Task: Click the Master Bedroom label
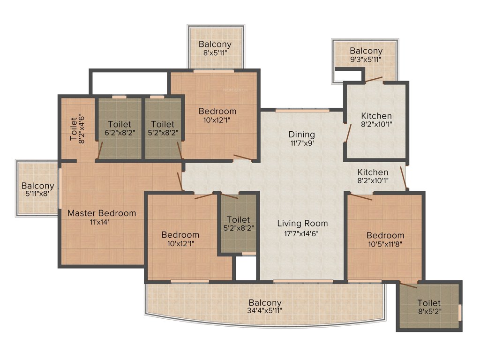pyautogui.click(x=102, y=213)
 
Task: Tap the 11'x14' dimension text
pyautogui.click(x=102, y=222)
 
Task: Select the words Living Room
pyautogui.click(x=302, y=223)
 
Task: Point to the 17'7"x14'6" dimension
pyautogui.click(x=302, y=232)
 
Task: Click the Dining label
pyautogui.click(x=301, y=135)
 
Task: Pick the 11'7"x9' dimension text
pyautogui.click(x=301, y=143)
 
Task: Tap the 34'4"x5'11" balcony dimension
pyautogui.click(x=265, y=310)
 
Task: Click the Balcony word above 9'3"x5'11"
pyautogui.click(x=366, y=51)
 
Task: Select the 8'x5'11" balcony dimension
pyautogui.click(x=215, y=53)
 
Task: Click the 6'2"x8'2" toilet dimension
pyautogui.click(x=120, y=133)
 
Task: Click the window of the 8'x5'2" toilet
pyautogui.click(x=459, y=311)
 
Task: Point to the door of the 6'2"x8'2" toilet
pyautogui.click(x=99, y=151)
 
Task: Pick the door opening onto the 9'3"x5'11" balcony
pyautogui.click(x=374, y=80)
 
